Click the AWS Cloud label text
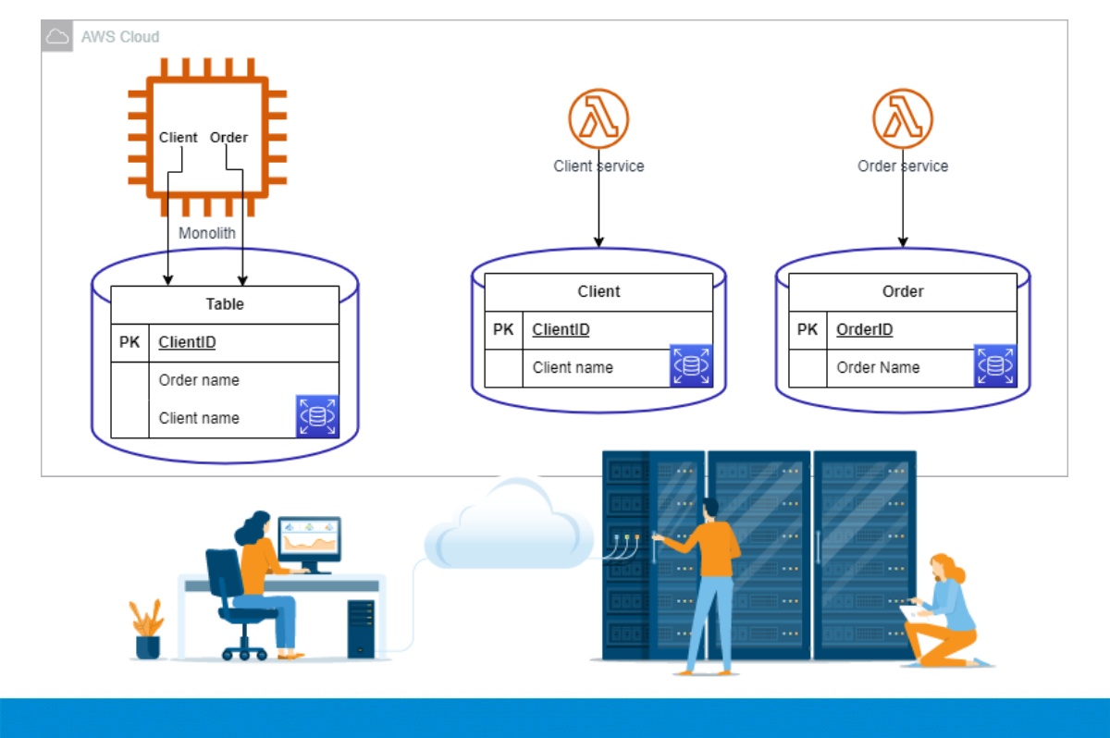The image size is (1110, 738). point(120,37)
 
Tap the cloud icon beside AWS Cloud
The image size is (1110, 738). point(57,37)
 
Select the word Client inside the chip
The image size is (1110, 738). point(178,138)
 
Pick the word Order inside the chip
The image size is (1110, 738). point(228,138)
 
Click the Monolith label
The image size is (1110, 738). point(207,233)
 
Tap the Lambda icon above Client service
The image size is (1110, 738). point(598,118)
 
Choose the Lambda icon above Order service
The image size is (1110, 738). point(903,118)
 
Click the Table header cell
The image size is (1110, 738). point(225,304)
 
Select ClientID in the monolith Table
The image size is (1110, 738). point(187,342)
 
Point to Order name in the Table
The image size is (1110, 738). point(199,380)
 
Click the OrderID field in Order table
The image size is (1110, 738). point(865,329)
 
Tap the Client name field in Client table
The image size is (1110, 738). point(573,367)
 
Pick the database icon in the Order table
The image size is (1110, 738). point(995,366)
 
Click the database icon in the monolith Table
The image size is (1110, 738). point(317,416)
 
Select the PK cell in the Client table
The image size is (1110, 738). point(503,329)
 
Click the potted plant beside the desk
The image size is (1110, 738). point(147,629)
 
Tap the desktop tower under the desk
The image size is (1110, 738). point(361,629)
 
